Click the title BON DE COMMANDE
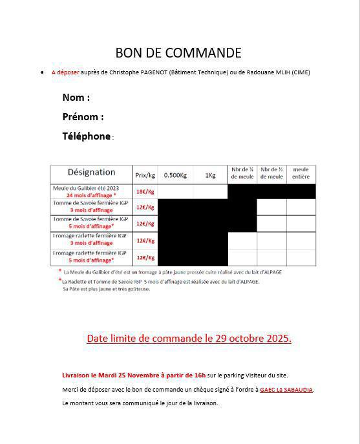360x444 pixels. (178, 53)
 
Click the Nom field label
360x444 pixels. (76, 98)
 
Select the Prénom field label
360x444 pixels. (83, 117)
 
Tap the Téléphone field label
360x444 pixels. (87, 136)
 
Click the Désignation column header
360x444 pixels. (91, 173)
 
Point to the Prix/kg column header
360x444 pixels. (145, 175)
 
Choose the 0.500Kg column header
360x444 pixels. (175, 175)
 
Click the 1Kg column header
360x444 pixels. (210, 175)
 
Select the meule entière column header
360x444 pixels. (301, 173)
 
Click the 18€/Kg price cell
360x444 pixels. (145, 192)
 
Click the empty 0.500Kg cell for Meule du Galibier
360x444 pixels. (175, 191)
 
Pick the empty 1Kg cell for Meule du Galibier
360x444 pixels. (210, 191)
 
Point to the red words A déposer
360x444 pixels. (65, 72)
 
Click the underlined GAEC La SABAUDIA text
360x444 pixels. (286, 390)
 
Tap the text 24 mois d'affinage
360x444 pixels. (90, 195)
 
